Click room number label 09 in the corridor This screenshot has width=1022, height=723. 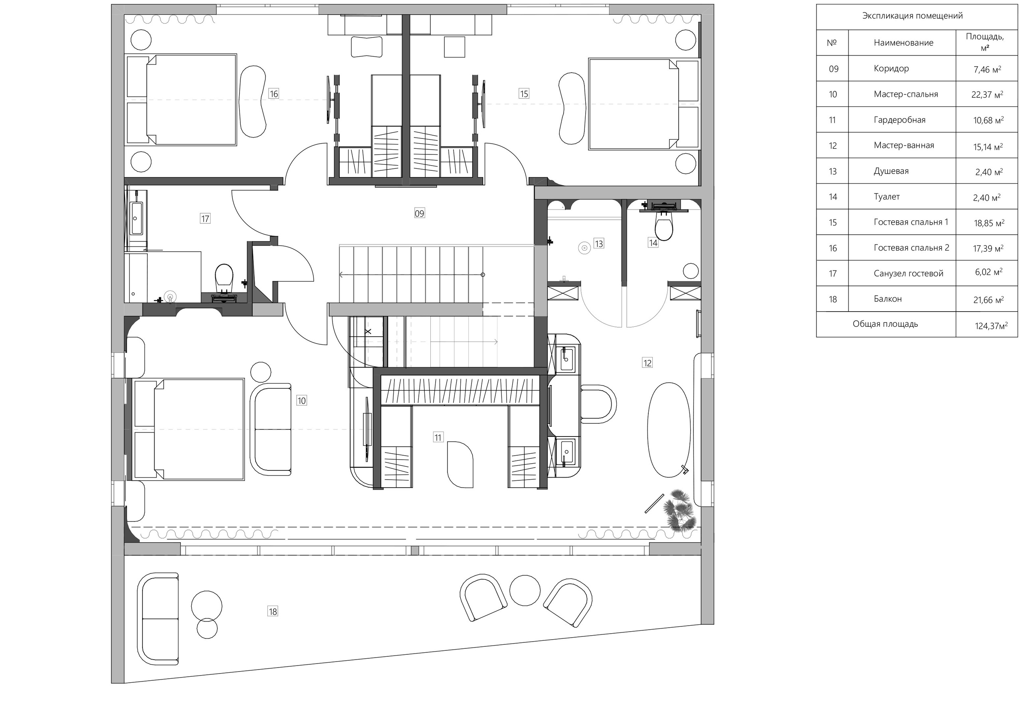click(x=419, y=213)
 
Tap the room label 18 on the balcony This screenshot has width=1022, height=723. click(x=273, y=611)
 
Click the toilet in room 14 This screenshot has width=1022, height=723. click(x=664, y=226)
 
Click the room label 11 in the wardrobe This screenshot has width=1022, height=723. click(x=438, y=438)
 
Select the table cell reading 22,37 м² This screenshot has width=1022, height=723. click(x=987, y=95)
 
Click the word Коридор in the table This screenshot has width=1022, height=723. click(x=891, y=69)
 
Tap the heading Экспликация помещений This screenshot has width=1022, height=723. click(x=913, y=16)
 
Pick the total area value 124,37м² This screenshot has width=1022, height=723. click(x=991, y=326)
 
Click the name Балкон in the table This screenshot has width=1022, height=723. click(x=887, y=299)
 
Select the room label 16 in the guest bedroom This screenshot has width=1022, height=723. click(x=273, y=93)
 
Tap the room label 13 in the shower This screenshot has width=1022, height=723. click(x=598, y=243)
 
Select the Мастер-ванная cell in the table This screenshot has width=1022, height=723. click(x=904, y=146)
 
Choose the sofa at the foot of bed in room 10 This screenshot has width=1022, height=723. click(x=271, y=429)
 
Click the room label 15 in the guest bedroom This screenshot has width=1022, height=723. click(x=524, y=93)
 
